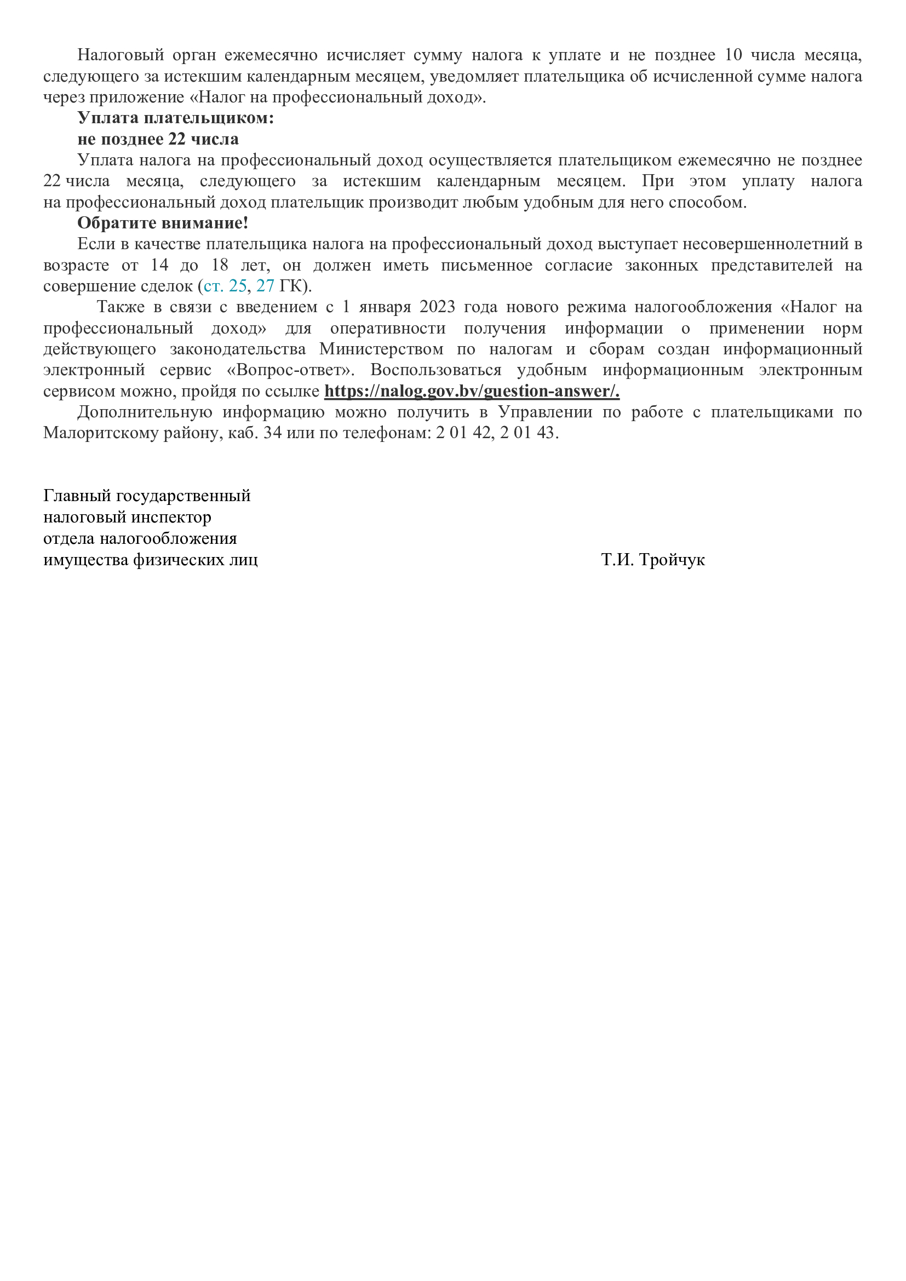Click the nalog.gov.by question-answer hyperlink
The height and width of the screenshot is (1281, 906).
[x=472, y=391]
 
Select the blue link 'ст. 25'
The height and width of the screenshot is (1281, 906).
[x=225, y=286]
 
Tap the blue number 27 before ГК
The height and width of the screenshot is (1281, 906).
[x=265, y=286]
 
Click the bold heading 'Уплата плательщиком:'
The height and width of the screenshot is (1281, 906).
[x=176, y=118]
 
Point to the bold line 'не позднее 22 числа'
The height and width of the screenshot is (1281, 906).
[x=158, y=139]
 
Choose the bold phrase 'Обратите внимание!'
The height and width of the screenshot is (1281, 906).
[x=162, y=223]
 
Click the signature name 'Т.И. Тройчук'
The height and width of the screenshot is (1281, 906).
[x=653, y=560]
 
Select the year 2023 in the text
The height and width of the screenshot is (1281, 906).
[x=437, y=307]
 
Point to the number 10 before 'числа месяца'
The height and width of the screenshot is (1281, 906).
[x=733, y=55]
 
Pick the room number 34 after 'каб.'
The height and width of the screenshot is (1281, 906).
[x=272, y=433]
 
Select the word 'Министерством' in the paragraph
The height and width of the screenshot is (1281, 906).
[x=381, y=349]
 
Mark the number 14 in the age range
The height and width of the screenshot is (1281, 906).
[x=159, y=265]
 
